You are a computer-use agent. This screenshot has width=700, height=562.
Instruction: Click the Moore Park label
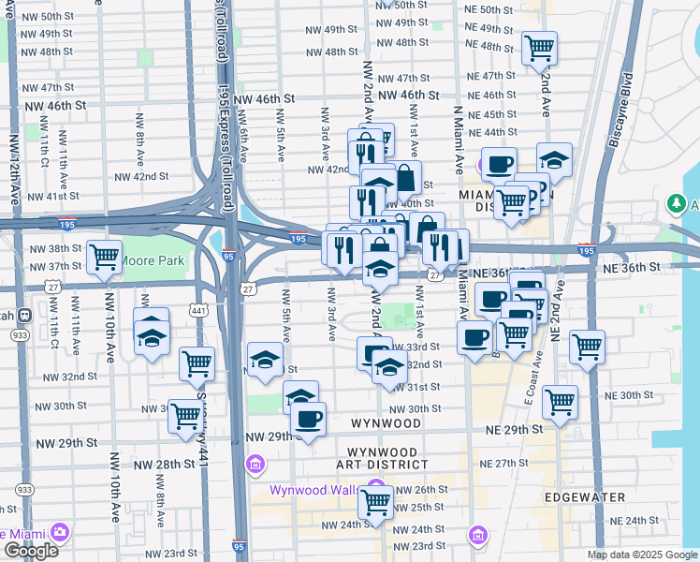click(x=153, y=260)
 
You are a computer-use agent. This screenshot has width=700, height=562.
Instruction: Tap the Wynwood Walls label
click(x=313, y=490)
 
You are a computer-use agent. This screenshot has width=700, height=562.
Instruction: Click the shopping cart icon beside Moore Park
click(x=104, y=258)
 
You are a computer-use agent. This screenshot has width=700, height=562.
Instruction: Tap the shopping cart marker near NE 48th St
click(x=539, y=48)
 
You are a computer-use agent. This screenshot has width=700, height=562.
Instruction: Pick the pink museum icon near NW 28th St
click(x=255, y=465)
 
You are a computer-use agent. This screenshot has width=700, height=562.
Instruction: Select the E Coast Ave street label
click(x=533, y=373)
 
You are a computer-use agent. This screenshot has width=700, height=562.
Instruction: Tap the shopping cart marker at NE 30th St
click(x=559, y=402)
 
